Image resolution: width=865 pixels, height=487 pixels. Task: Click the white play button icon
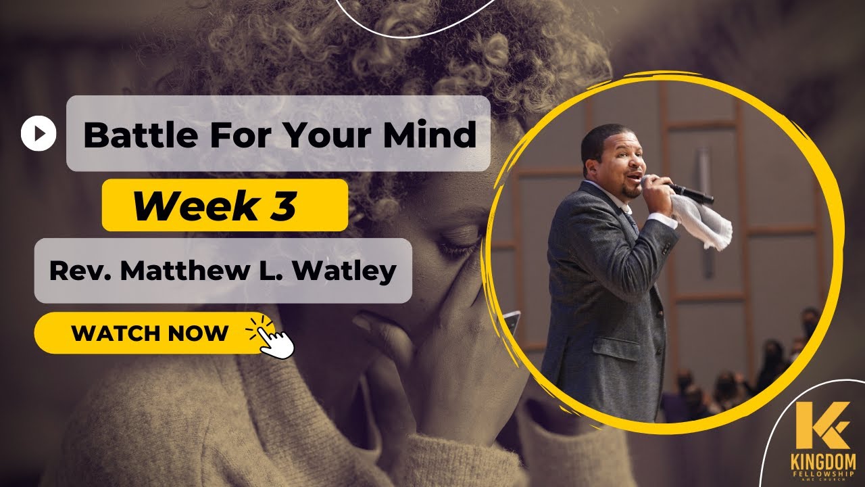coord(39,134)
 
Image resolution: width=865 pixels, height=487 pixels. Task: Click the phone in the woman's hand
coord(512,322)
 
